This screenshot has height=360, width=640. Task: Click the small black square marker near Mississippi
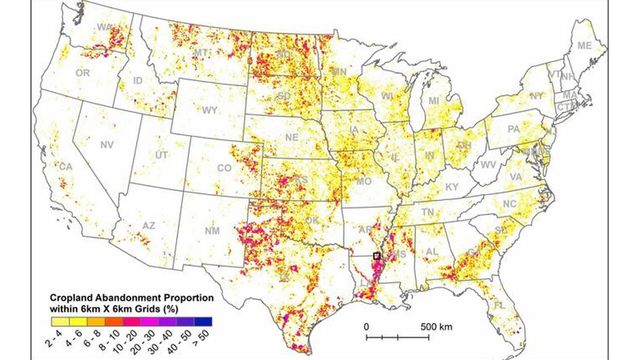point(376,257)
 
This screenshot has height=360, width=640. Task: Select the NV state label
point(106,146)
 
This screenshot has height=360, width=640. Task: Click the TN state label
point(427,213)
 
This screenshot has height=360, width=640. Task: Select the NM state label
point(211,232)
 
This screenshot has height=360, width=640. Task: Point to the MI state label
point(434,101)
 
